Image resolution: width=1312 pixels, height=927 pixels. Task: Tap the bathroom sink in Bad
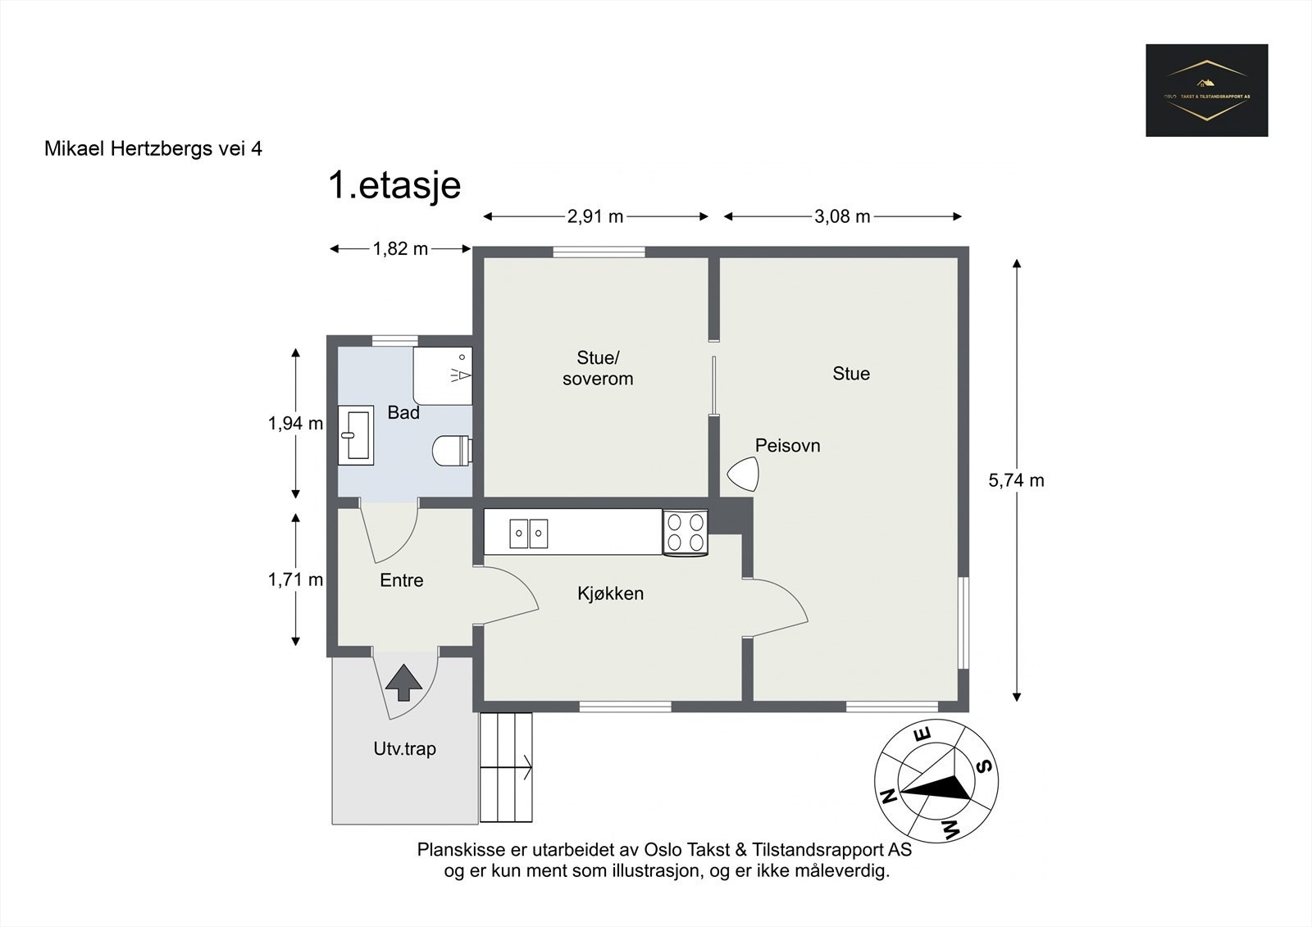click(x=357, y=435)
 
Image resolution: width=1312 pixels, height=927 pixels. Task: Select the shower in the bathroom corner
click(x=443, y=375)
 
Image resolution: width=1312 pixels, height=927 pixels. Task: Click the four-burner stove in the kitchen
click(x=685, y=531)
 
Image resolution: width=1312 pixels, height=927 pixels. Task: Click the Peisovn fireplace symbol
click(x=744, y=474)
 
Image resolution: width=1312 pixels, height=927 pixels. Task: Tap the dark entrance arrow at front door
click(x=403, y=682)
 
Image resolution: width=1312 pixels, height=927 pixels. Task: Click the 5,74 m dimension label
click(x=1016, y=481)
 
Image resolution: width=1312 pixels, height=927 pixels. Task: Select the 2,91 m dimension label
click(x=595, y=216)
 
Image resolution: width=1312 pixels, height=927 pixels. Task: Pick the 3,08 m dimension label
click(x=842, y=216)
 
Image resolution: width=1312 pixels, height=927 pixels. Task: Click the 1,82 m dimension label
click(x=400, y=249)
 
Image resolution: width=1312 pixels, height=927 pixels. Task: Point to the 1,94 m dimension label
click(x=295, y=424)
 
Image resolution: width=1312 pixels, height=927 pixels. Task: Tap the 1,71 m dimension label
click(x=295, y=580)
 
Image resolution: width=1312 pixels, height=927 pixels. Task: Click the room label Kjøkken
click(x=610, y=593)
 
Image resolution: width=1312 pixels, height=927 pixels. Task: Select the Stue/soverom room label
click(x=598, y=368)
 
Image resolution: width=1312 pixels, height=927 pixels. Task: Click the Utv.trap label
click(x=404, y=748)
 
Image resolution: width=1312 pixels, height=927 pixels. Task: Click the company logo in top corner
click(x=1206, y=90)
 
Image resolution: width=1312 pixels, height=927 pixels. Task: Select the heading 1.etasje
click(x=394, y=185)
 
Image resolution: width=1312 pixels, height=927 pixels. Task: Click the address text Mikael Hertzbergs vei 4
click(x=153, y=149)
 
